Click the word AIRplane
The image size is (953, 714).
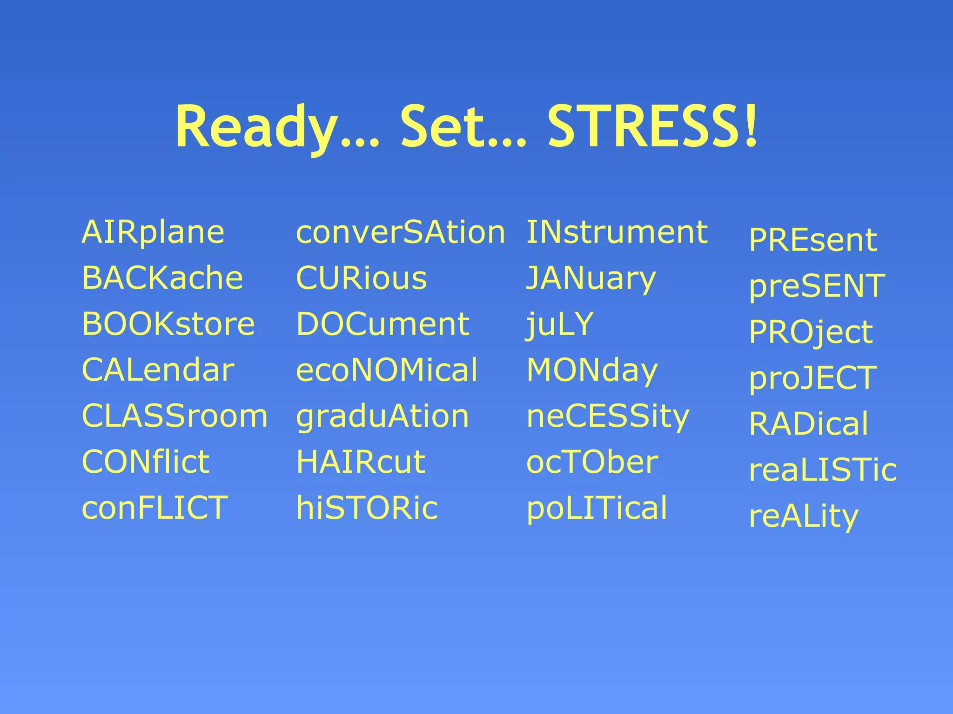pos(153,232)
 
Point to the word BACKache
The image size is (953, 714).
pos(162,278)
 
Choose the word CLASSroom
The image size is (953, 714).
pos(174,416)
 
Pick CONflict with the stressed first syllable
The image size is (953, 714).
pos(146,462)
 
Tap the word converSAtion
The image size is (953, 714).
pos(400,232)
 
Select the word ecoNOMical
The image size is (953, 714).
pos(387,370)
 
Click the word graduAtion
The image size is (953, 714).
pos(383,416)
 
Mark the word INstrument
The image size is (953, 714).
pos(617,232)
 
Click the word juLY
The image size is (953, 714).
pos(560,324)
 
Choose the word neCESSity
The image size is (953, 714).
pos(608,416)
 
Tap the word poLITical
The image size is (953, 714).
pos(597,508)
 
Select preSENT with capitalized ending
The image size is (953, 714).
pos(817,286)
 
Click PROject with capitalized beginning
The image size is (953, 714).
pos(811,332)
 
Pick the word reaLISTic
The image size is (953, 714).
pos(823,469)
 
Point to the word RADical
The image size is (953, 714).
pos(808,423)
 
